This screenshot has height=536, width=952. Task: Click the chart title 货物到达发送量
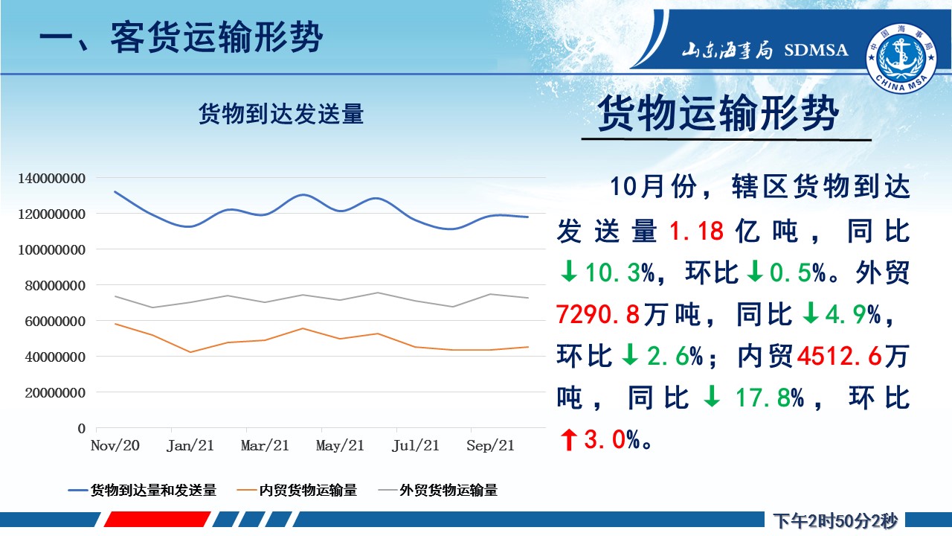(281, 114)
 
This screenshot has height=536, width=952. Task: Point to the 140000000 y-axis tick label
(51, 178)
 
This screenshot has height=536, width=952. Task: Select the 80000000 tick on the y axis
(55, 285)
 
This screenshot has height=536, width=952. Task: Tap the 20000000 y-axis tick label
(55, 392)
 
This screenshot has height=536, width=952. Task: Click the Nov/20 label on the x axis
(115, 445)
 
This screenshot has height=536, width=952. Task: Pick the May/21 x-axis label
(340, 445)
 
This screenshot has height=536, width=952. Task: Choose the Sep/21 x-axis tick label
(490, 445)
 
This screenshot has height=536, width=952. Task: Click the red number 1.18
(696, 231)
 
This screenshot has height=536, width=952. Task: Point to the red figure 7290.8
(598, 314)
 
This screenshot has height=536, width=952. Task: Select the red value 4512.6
(840, 356)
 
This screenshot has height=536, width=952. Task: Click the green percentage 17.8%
(769, 398)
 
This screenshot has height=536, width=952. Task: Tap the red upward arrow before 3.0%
(569, 439)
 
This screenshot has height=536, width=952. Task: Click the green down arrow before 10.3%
(569, 272)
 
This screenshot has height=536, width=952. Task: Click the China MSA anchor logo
(901, 58)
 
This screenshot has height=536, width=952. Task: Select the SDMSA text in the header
(816, 50)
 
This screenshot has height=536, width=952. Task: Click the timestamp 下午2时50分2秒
(835, 521)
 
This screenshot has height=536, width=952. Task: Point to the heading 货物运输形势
(718, 113)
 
